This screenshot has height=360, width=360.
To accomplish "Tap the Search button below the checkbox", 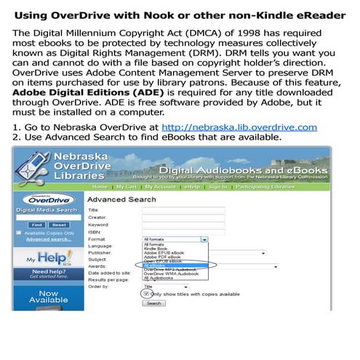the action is tap(153, 303).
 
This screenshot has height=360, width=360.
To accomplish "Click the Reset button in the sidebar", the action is tap(59, 225).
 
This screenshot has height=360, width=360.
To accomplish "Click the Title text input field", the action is tap(173, 209).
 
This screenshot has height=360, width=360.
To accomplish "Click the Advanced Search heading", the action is tap(121, 199).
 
